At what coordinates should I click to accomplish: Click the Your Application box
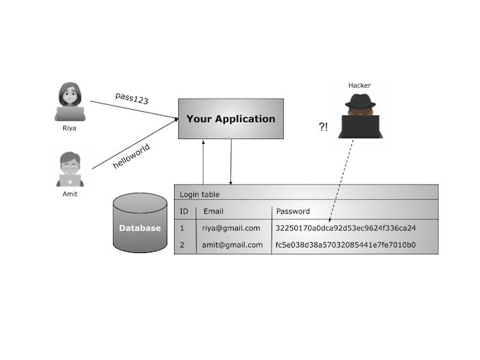pyautogui.click(x=230, y=119)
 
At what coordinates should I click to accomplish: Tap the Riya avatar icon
pyautogui.click(x=69, y=101)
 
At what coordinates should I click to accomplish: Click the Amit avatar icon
pyautogui.click(x=69, y=169)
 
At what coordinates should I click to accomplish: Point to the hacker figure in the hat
pyautogui.click(x=359, y=116)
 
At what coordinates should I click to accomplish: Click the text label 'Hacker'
pyautogui.click(x=359, y=85)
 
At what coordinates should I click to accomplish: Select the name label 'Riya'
pyautogui.click(x=69, y=128)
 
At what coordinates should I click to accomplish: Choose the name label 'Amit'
pyautogui.click(x=69, y=194)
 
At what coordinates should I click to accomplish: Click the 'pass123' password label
pyautogui.click(x=132, y=98)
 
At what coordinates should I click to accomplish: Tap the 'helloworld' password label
pyautogui.click(x=131, y=156)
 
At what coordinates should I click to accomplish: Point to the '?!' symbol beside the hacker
pyautogui.click(x=323, y=127)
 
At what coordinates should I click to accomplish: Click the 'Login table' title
pyautogui.click(x=200, y=194)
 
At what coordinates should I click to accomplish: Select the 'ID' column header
pyautogui.click(x=184, y=211)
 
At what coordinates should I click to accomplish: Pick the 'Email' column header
pyautogui.click(x=213, y=211)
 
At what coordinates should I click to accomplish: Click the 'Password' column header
pyautogui.click(x=293, y=211)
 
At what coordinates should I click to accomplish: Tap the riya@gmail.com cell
pyautogui.click(x=232, y=228)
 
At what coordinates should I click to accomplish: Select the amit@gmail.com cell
pyautogui.click(x=232, y=245)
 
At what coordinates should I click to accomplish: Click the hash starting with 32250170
pyautogui.click(x=346, y=228)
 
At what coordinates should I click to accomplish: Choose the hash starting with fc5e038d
pyautogui.click(x=346, y=245)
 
